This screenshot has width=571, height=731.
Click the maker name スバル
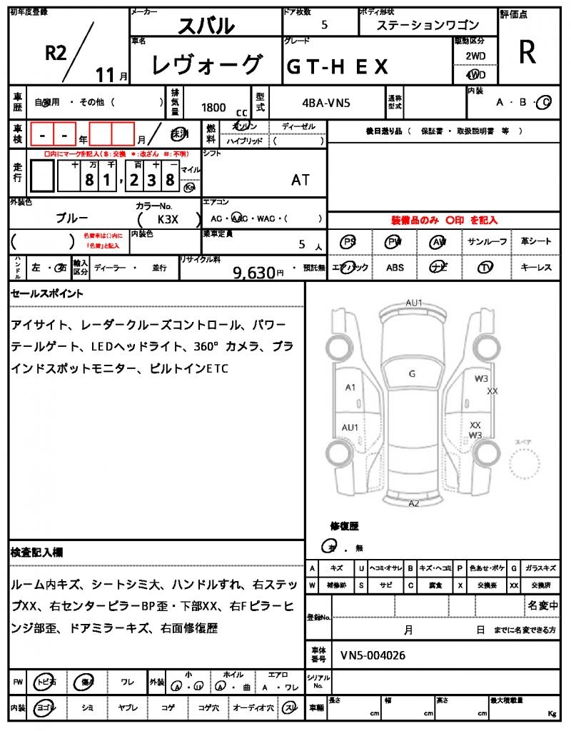coord(206,26)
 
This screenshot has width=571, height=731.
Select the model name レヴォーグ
coord(206,66)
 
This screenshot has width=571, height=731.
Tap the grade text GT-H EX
coord(338,66)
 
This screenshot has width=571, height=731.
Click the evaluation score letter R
coord(527,51)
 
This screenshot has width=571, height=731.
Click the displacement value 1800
coord(213,107)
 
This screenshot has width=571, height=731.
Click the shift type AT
coord(300,180)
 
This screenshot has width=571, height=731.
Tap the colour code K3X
coord(168,220)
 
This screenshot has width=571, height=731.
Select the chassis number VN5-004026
coord(373,655)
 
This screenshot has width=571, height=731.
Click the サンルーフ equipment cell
coord(487,242)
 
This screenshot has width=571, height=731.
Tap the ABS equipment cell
coord(395,268)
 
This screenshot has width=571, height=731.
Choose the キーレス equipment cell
coord(536,268)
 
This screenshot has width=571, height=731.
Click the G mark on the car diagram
coord(412,373)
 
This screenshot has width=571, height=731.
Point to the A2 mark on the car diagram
coord(414,503)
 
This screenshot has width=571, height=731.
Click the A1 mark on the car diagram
coord(350,388)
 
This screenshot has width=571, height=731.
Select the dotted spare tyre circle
coord(526,466)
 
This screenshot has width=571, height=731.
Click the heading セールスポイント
coord(47,293)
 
